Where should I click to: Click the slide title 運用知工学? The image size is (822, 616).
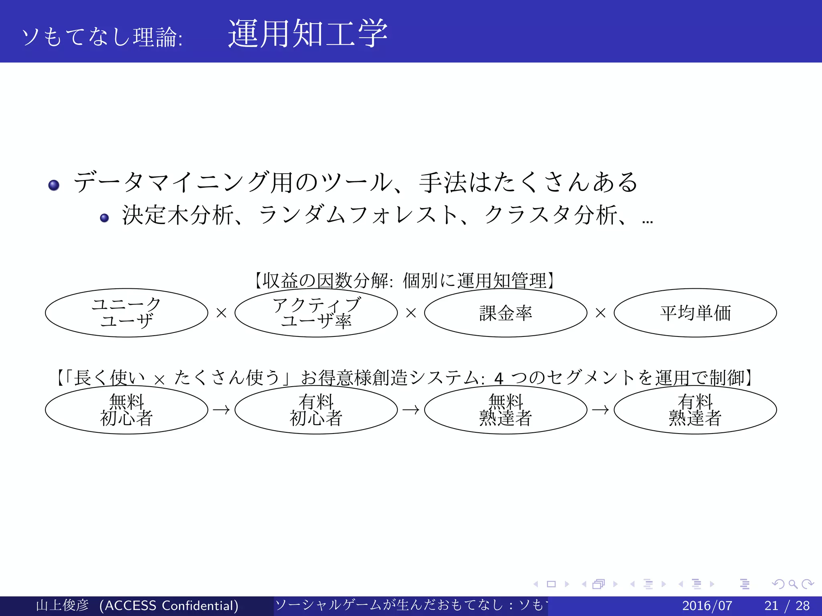tap(307, 34)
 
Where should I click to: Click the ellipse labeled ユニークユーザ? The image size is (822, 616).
tap(126, 313)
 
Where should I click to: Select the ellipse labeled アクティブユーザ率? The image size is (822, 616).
tap(316, 313)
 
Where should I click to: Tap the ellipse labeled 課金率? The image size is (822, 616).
tap(505, 313)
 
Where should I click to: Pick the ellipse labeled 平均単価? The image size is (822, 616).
tap(695, 313)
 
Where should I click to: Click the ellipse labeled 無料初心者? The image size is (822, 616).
tap(126, 409)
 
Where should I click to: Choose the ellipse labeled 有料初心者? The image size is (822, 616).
tap(316, 409)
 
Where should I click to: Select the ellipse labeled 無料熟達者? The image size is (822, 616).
tap(505, 409)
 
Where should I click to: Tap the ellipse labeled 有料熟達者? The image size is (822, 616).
tap(695, 409)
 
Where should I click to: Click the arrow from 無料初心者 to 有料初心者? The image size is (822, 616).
tap(221, 410)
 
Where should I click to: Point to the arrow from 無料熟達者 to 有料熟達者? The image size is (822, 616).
tap(600, 410)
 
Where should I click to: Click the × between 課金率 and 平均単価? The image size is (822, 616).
tap(600, 313)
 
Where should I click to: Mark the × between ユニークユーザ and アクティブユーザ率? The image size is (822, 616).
tap(221, 313)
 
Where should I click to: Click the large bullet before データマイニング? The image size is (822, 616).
tap(54, 185)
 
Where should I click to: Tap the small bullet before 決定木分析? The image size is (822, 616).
tap(104, 218)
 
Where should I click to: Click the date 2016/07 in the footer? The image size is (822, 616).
tap(707, 606)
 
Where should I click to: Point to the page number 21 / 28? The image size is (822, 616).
tap(787, 606)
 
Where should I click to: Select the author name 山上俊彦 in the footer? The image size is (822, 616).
tap(62, 606)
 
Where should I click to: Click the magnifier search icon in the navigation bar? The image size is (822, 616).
tap(793, 584)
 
